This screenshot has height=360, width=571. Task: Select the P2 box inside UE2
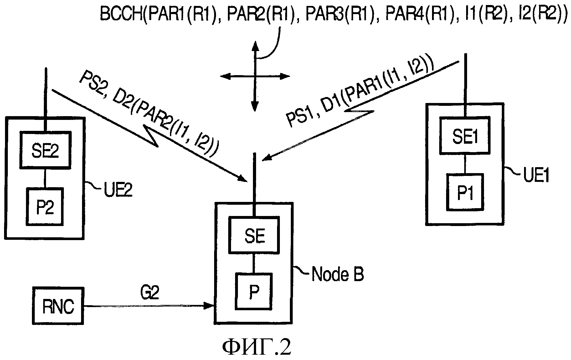(x=45, y=206)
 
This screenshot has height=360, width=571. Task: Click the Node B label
(x=337, y=275)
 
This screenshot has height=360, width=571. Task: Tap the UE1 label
(x=536, y=176)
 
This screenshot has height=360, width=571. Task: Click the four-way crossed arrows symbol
(x=255, y=76)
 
